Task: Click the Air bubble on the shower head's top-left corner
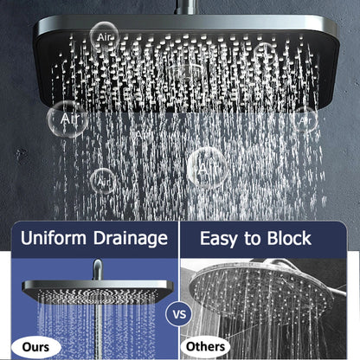(x=103, y=35)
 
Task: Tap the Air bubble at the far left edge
(x=67, y=117)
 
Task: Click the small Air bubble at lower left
(x=104, y=180)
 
